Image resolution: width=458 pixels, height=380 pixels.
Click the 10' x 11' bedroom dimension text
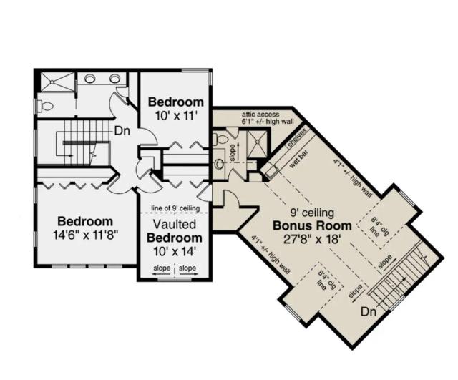click(175, 116)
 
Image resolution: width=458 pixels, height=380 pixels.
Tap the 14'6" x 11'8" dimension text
click(86, 235)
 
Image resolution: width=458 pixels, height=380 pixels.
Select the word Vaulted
click(175, 224)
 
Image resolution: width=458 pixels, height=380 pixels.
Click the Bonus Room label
click(312, 225)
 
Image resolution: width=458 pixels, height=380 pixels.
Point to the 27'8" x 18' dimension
click(312, 240)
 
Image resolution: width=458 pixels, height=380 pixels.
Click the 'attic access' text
click(260, 115)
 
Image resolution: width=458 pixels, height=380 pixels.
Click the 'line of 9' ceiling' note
click(175, 208)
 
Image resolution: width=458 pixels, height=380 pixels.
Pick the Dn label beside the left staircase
click(122, 131)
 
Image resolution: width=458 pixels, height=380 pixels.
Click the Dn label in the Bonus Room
click(369, 312)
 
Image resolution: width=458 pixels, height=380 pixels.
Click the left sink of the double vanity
click(90, 78)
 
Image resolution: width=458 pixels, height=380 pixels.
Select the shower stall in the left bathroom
click(57, 82)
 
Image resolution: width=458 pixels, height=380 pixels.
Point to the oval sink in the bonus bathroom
click(218, 165)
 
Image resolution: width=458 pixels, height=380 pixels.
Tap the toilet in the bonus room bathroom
click(220, 139)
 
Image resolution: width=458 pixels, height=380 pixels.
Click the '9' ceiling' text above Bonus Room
click(312, 213)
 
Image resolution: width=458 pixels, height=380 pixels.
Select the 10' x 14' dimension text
click(175, 251)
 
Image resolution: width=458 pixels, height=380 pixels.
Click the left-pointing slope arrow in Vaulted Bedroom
click(162, 274)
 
